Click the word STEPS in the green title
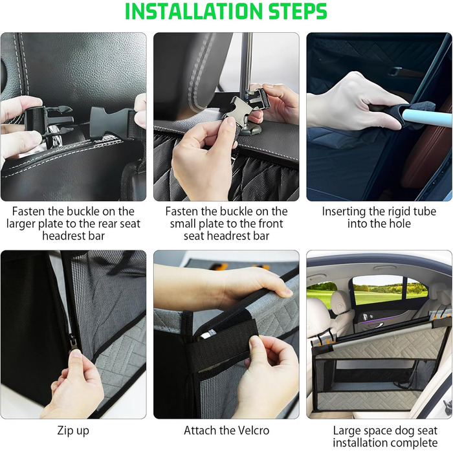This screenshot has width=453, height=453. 298,12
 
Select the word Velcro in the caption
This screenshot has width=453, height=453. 250,430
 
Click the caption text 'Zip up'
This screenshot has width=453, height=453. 73,431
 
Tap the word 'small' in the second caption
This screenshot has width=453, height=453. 183,224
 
